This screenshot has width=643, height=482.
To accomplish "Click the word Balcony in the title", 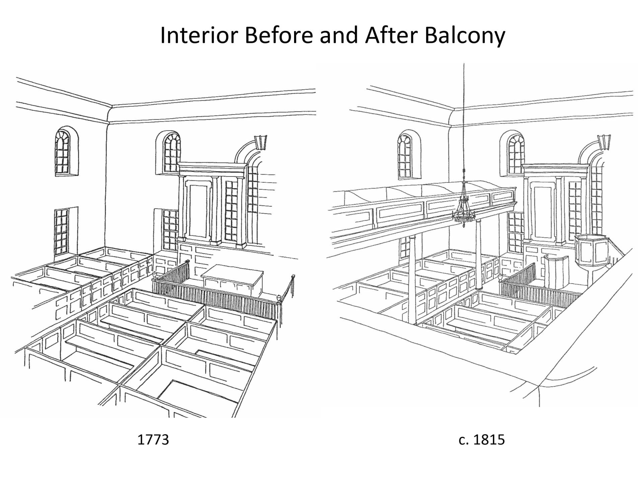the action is [x=465, y=36].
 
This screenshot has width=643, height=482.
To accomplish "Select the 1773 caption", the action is [x=153, y=439].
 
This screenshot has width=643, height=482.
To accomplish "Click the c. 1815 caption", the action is [x=482, y=439].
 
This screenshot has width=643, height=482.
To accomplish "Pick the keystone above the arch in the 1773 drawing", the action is [x=261, y=142].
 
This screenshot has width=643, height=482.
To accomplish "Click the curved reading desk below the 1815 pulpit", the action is [x=557, y=271].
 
